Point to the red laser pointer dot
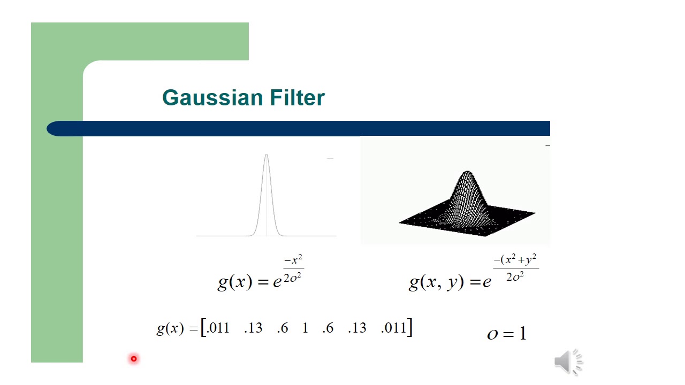134,359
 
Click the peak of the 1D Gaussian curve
267,155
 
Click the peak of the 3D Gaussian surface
468,173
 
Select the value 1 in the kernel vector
305,328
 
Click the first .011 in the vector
218,328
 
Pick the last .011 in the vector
394,328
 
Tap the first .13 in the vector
253,328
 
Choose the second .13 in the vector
357,328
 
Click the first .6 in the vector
283,328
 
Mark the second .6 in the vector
328,328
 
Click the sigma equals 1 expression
507,334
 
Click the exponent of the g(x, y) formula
515,268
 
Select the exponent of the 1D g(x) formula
293,269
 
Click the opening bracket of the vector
203,327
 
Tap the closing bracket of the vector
409,327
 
